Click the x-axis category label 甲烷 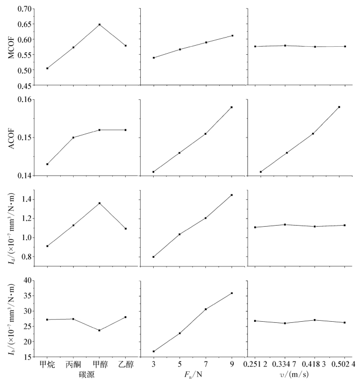47,364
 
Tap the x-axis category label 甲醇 99,364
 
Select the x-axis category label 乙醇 125,364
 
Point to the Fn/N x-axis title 193,375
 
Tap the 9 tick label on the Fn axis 232,364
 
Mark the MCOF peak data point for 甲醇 99,25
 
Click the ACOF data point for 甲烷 47,164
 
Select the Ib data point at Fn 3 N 154,351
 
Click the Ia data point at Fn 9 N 232,195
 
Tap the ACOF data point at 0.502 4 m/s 339,107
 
